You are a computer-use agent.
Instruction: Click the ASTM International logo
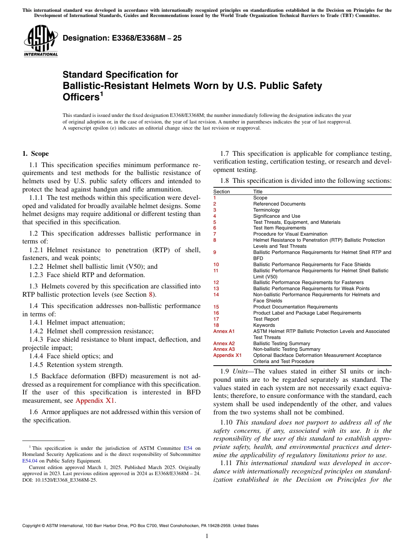pyautogui.click(x=40, y=42)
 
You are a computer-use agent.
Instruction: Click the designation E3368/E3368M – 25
pyautogui.click(x=122, y=38)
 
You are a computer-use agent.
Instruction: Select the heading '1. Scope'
pyautogui.click(x=35, y=154)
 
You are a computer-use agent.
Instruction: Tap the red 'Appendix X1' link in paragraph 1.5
pyautogui.click(x=95, y=401)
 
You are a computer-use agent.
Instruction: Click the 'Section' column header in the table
pyautogui.click(x=221, y=192)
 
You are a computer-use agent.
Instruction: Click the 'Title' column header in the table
pyautogui.click(x=258, y=192)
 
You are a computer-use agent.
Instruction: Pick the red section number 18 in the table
pyautogui.click(x=216, y=325)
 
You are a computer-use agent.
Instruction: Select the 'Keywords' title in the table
pyautogui.click(x=264, y=325)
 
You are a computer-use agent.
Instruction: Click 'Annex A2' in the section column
pyautogui.click(x=224, y=343)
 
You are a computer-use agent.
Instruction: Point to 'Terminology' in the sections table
pyautogui.click(x=266, y=210)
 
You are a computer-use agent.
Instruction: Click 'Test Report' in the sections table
pyautogui.click(x=266, y=319)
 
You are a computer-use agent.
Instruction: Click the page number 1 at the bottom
pyautogui.click(x=207, y=536)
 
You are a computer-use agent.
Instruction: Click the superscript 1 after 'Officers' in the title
pyautogui.click(x=102, y=94)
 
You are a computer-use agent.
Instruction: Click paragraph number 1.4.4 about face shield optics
pyautogui.click(x=37, y=356)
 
